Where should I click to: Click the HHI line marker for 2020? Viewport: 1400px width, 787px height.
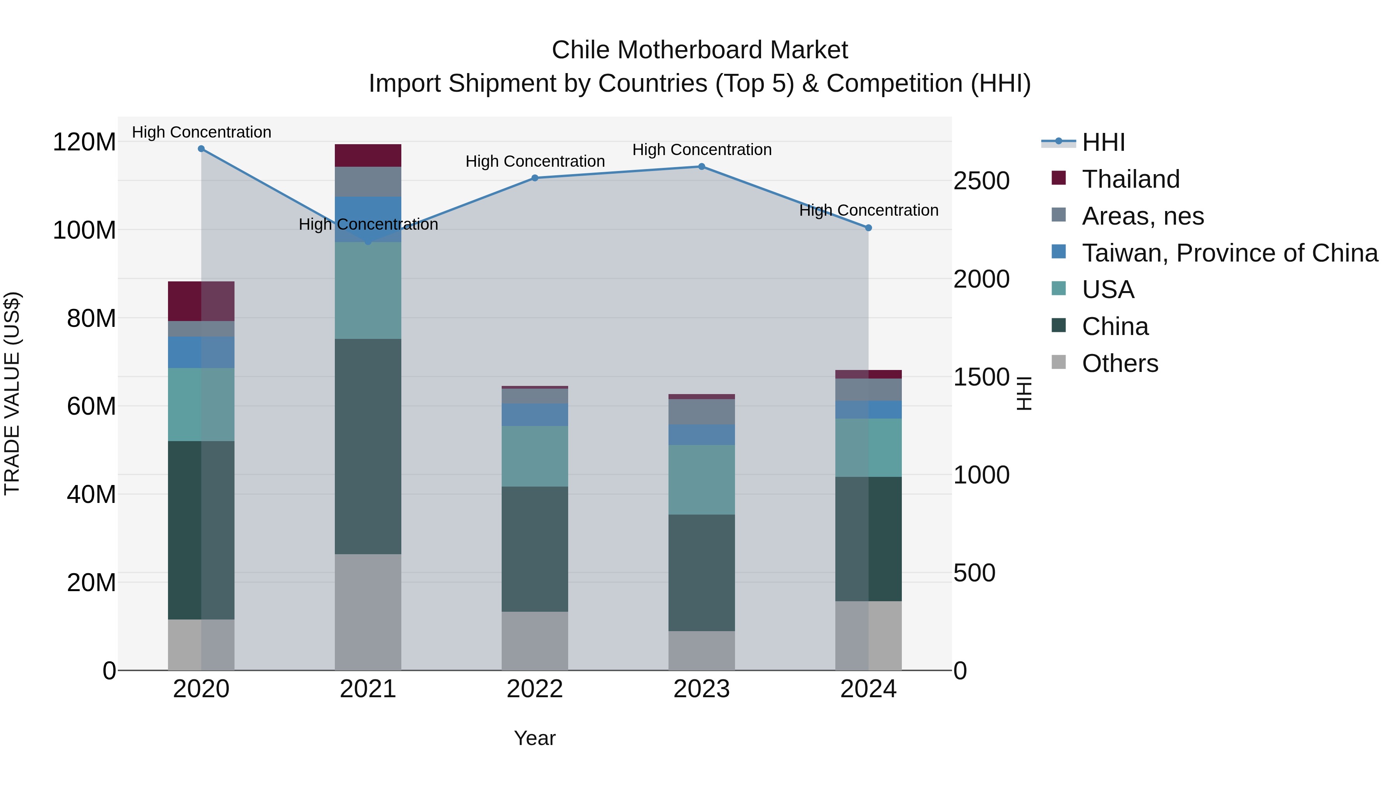[x=201, y=149]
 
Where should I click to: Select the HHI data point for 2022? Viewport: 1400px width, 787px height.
[x=535, y=178]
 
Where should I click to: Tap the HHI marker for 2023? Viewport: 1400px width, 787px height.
[x=702, y=167]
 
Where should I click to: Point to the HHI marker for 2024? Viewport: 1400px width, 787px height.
[x=868, y=228]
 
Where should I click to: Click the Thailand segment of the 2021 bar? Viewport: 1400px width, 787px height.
[x=368, y=155]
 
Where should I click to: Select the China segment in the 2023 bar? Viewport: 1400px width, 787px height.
[x=702, y=572]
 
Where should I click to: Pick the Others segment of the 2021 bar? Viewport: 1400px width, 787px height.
[x=368, y=612]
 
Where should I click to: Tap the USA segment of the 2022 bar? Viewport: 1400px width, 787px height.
[x=535, y=456]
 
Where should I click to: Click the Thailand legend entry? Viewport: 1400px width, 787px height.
[x=1130, y=179]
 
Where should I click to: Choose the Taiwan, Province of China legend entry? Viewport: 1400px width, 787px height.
[x=1229, y=253]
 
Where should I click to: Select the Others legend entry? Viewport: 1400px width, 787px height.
[x=1120, y=363]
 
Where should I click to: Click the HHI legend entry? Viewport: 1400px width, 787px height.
[x=1103, y=142]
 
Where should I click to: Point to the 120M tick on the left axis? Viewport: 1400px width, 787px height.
[x=84, y=142]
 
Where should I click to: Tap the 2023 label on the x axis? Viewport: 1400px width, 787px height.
[x=702, y=689]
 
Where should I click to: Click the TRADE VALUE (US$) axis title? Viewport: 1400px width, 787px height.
[x=12, y=393]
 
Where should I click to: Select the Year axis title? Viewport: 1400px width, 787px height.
[x=535, y=738]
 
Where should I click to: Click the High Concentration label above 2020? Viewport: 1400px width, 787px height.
[x=201, y=132]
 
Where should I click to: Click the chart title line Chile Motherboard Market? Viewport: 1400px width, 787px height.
[x=700, y=50]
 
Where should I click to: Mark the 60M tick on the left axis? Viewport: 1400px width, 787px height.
[x=91, y=406]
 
